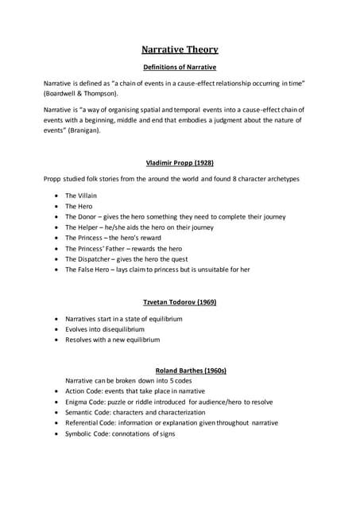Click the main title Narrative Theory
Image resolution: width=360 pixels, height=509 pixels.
(x=180, y=49)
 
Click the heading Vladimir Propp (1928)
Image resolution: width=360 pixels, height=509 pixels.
(x=180, y=162)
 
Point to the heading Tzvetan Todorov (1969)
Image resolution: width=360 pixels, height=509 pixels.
(x=180, y=303)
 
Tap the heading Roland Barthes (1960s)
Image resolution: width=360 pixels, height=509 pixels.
(x=180, y=370)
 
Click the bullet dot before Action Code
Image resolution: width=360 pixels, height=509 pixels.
(x=55, y=391)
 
